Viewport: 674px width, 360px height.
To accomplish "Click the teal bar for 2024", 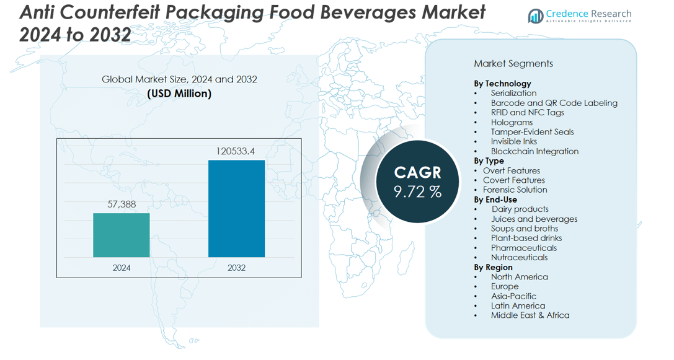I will pos(122,235).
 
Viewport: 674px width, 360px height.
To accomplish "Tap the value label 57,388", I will pos(122,204).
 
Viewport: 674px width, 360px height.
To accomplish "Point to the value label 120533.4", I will pos(236,151).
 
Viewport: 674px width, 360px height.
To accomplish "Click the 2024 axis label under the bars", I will pos(122,268).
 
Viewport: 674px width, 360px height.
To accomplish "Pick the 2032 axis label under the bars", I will pos(236,268).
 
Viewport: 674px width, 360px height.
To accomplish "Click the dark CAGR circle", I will pos(417,182).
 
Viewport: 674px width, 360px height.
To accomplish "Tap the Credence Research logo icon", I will pos(535,16).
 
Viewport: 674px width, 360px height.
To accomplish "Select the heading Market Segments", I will pos(513,63).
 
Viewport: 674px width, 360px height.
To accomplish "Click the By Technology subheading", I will pos(502,83).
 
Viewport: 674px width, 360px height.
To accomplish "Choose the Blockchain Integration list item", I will pos(534,151).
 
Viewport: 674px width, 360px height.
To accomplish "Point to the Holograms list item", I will pos(512,122).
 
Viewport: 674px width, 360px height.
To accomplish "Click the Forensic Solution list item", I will pos(515,190).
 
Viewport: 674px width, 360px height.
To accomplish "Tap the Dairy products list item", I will pos(520,209).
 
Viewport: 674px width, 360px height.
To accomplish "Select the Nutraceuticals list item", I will pos(519,257).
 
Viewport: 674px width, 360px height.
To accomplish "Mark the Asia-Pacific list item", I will pos(513,296).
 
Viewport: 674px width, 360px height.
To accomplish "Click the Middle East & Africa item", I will pos(530,315).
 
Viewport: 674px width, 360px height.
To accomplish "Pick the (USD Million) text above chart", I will pos(179,94).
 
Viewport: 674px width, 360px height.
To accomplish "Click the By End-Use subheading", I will pos(495,200).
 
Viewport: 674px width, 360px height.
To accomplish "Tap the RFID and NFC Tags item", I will pos(528,112).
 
